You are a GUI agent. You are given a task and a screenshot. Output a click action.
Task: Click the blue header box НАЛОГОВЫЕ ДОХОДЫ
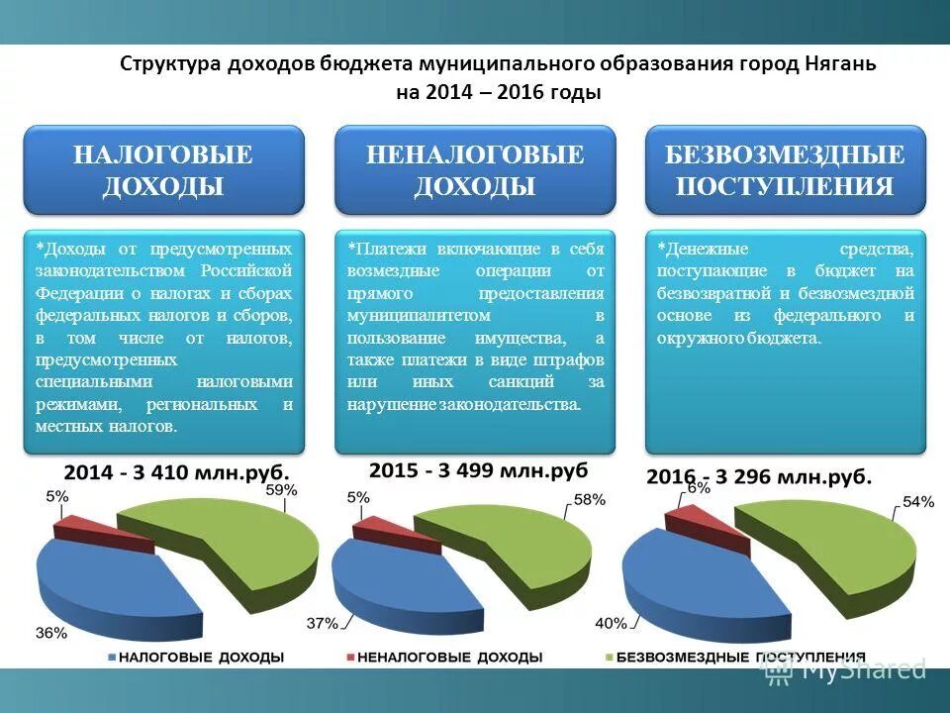click(x=163, y=170)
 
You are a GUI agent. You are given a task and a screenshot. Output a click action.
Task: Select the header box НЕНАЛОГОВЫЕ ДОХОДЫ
click(x=475, y=170)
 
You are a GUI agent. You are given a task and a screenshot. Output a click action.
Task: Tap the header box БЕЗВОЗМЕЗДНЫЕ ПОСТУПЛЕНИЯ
click(x=785, y=170)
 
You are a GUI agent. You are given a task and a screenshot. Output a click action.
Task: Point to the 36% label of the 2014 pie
click(x=51, y=633)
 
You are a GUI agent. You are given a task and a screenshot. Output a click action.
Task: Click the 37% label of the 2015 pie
click(x=323, y=624)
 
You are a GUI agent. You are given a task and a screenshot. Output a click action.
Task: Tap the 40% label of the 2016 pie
click(x=611, y=623)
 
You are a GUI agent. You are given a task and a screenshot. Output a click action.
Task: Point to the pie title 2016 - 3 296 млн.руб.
click(x=760, y=477)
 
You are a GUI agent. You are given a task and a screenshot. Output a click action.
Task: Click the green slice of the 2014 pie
click(x=237, y=550)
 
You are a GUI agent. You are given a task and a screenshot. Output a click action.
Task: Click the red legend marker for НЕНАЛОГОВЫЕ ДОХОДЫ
click(x=349, y=658)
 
